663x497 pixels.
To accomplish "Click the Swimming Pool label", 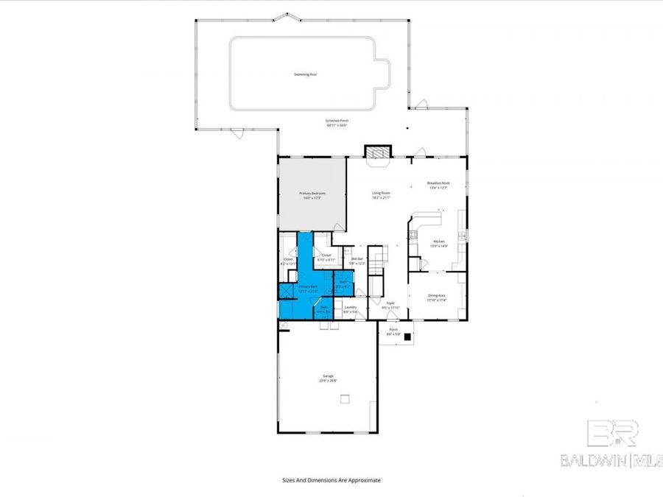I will (302, 74).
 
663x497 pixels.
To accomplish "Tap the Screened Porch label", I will (337, 121).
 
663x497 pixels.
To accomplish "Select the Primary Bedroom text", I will (312, 194).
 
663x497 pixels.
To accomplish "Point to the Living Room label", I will (381, 194).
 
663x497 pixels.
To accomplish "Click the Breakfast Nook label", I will (438, 184).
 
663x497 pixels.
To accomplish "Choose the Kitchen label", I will (439, 243).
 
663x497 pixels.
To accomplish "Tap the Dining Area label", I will (438, 297).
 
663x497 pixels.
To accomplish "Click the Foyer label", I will (390, 303).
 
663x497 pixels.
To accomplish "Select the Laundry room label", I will (351, 309).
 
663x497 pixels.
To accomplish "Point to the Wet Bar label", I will (357, 261).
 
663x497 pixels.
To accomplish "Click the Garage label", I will (328, 378).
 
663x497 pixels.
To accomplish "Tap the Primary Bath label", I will (308, 288).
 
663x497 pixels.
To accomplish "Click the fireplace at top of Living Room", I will (377, 152).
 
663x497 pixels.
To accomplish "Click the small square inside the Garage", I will (343, 400).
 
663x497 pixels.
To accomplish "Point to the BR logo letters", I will (611, 434).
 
